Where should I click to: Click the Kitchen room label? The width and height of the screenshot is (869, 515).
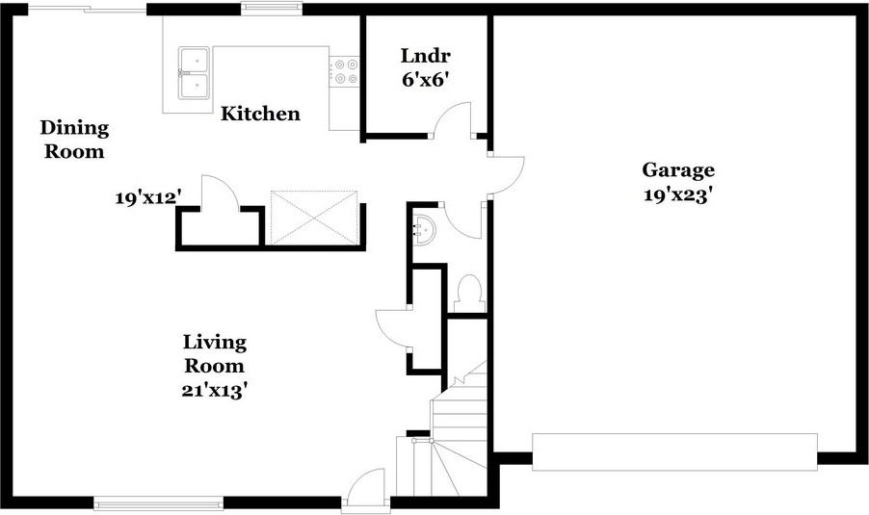pos(260,114)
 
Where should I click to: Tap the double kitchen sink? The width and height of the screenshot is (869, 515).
pos(194,73)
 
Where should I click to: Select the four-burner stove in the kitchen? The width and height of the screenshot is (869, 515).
pos(344,72)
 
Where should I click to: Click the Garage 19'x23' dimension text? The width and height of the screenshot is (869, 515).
pos(677,194)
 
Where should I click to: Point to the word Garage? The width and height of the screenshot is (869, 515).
pos(678,170)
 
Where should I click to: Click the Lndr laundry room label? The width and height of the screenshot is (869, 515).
pos(426,56)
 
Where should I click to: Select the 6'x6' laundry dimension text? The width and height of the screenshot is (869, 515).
pos(425,80)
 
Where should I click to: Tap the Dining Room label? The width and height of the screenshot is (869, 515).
pos(74,139)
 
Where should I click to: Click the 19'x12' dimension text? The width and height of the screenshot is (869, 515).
pos(148,197)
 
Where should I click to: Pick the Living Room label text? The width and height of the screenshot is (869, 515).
pos(215,353)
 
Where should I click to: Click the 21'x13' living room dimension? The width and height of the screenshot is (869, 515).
pos(214,391)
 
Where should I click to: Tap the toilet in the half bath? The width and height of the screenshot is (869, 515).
pos(470,294)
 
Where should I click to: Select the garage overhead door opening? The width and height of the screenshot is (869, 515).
pos(674,451)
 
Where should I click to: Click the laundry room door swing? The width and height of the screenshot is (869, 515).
pos(452,118)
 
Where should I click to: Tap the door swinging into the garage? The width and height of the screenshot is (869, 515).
pos(507,175)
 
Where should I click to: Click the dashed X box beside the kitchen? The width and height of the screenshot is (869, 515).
pos(314,218)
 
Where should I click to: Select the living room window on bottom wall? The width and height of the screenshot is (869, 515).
pos(159,503)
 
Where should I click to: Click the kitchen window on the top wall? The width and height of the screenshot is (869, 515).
pos(272,7)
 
